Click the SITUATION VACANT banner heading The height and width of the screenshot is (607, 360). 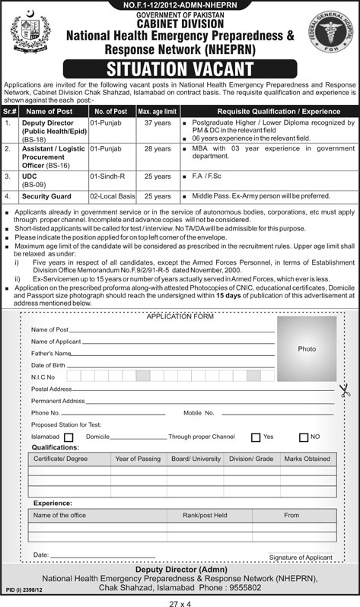[x=180, y=67]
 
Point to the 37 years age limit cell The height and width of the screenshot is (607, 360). [x=157, y=121]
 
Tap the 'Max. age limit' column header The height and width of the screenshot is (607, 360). [x=157, y=110]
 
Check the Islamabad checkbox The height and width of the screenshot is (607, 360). [x=68, y=437]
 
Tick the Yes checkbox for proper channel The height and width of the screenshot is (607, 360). [x=256, y=437]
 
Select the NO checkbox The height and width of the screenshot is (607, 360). [x=304, y=437]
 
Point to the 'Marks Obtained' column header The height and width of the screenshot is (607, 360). [x=307, y=459]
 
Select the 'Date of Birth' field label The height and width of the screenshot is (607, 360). [x=47, y=365]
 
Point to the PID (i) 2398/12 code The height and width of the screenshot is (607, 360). [x=22, y=589]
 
